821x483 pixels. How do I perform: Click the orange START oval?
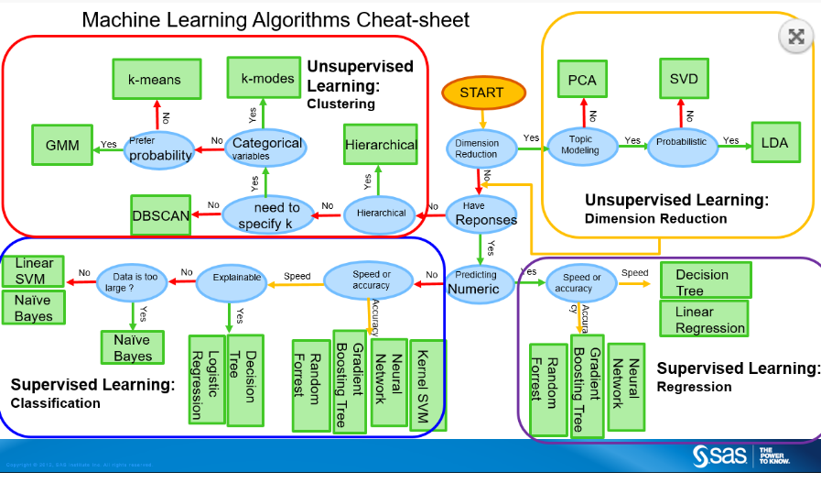[x=483, y=93]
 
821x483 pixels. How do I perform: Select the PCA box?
[x=582, y=80]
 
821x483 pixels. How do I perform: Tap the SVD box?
[x=683, y=79]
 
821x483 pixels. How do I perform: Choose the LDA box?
[x=773, y=142]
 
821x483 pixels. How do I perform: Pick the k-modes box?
[x=267, y=78]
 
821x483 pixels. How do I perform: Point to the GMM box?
[x=62, y=145]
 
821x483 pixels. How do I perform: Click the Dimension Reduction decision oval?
[x=477, y=148]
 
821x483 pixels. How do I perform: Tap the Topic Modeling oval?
[x=581, y=145]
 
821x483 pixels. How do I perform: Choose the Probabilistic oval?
[x=681, y=143]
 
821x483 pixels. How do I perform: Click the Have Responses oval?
[x=481, y=214]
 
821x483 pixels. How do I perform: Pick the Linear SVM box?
[x=35, y=270]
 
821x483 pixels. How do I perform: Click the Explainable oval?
[x=237, y=278]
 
